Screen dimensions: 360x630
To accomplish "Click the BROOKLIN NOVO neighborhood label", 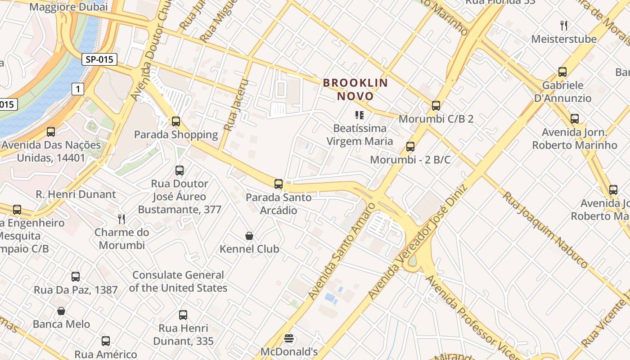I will tap(355, 89).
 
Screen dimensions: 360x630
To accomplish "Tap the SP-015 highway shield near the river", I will tap(99, 59).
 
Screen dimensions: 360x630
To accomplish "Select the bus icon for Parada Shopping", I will tap(176, 121).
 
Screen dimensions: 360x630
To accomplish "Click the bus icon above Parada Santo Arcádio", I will tap(279, 184).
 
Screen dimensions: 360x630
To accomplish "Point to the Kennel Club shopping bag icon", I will tap(249, 236).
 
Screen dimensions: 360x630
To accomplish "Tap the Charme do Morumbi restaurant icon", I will tap(121, 219).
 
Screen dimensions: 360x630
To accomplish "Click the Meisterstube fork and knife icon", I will tap(563, 26).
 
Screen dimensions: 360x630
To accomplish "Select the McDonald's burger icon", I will tap(289, 338).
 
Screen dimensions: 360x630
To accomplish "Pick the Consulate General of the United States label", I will tap(178, 281).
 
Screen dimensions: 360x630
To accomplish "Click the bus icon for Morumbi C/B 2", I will tap(436, 106).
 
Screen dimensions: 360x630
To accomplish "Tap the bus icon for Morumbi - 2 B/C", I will tap(410, 147).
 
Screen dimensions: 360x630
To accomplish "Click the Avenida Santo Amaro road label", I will tap(342, 251).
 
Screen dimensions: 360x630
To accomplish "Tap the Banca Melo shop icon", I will tap(61, 311).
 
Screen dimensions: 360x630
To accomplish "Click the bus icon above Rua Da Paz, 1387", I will tap(76, 277).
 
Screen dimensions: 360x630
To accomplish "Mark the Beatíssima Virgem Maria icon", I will tap(359, 115).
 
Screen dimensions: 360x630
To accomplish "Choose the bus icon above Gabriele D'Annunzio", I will tap(562, 72).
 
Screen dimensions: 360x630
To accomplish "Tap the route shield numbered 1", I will tap(78, 89).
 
